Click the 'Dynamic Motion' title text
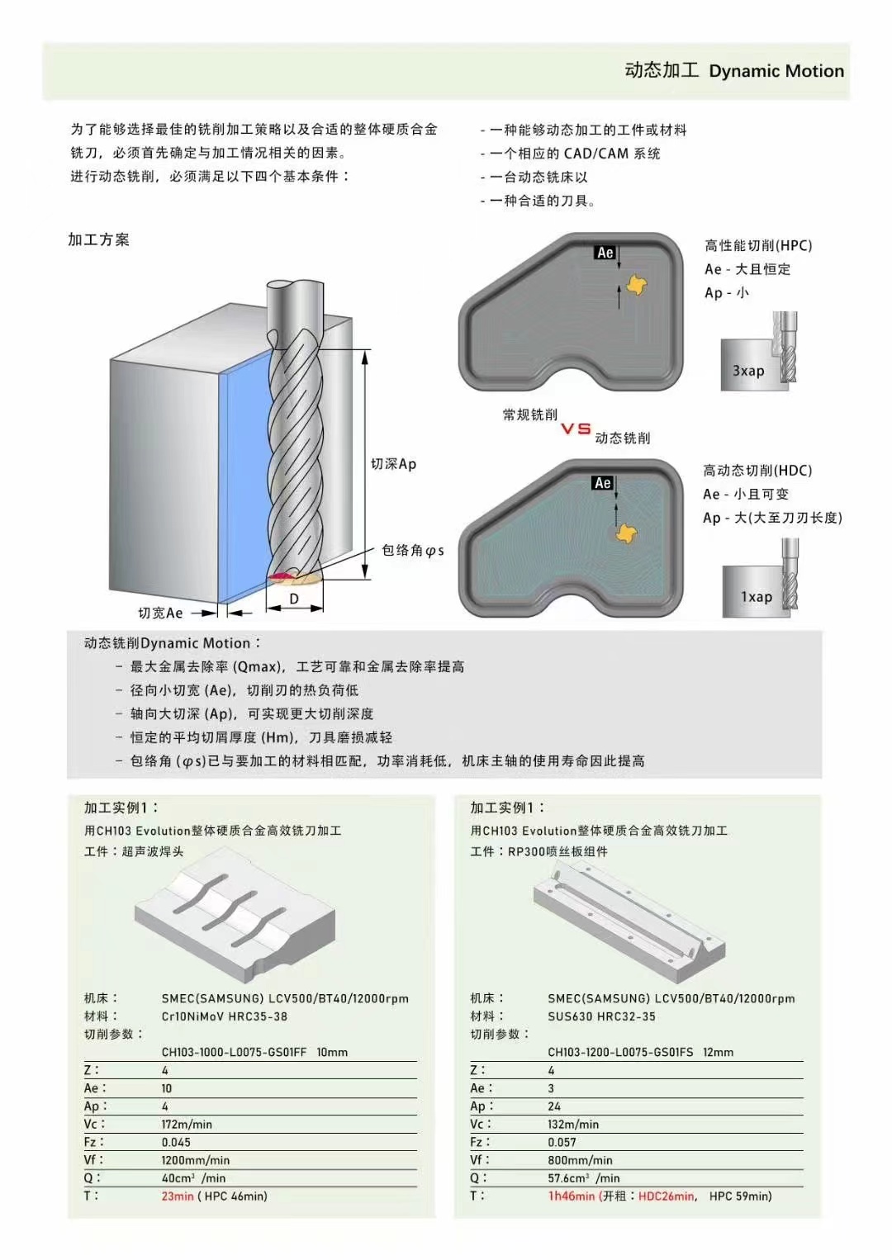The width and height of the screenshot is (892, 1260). point(776,71)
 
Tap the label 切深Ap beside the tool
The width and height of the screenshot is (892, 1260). point(393,464)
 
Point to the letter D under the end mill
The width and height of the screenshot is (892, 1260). point(294,599)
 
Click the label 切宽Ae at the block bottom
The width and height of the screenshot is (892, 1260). point(160,613)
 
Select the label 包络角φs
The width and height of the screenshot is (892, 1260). point(412,550)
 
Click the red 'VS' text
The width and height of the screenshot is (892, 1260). point(576,429)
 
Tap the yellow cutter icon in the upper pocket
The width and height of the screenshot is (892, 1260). point(636,285)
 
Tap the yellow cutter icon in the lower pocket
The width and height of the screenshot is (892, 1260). point(627,533)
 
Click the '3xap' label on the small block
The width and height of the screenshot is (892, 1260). point(748,371)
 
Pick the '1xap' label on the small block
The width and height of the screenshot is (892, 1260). point(756,596)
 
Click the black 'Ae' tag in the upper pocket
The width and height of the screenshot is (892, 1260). point(605,253)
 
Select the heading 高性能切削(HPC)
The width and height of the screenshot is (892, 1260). point(757,245)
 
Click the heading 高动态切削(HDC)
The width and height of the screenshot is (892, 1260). point(757,471)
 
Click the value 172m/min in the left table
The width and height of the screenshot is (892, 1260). point(187,1124)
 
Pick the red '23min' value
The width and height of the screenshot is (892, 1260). point(178,1196)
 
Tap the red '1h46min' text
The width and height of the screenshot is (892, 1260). point(571,1196)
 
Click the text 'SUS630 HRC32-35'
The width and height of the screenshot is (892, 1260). point(601,1016)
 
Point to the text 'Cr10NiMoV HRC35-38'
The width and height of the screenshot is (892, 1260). point(225,1016)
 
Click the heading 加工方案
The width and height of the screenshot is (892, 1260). point(98,239)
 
